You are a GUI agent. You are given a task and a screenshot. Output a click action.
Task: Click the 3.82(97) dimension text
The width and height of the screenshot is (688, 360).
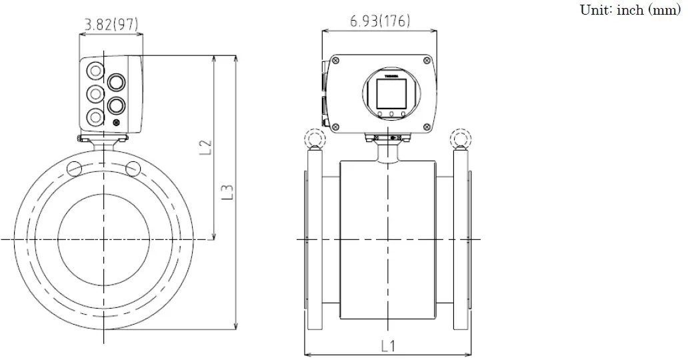pyautogui.click(x=111, y=25)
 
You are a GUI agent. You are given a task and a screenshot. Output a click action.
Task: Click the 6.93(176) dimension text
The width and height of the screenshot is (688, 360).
pyautogui.click(x=381, y=20)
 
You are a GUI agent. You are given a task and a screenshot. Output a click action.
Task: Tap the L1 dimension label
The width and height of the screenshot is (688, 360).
pyautogui.click(x=389, y=346)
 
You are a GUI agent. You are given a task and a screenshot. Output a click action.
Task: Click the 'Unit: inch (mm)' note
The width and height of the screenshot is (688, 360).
pyautogui.click(x=631, y=11)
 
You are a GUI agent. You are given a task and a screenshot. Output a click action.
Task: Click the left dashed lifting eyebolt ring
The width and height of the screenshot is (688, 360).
pyautogui.click(x=313, y=139)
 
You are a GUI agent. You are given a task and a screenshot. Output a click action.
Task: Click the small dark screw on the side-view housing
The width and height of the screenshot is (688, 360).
pyautogui.click(x=117, y=123)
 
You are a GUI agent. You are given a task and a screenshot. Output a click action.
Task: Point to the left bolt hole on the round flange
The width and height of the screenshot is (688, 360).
pyautogui.click(x=75, y=167)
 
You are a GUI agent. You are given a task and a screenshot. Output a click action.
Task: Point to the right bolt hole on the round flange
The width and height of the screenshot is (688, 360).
pyautogui.click(x=133, y=167)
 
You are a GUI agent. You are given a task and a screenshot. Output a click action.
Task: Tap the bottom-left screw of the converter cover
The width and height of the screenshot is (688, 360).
pyautogui.click(x=335, y=125)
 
